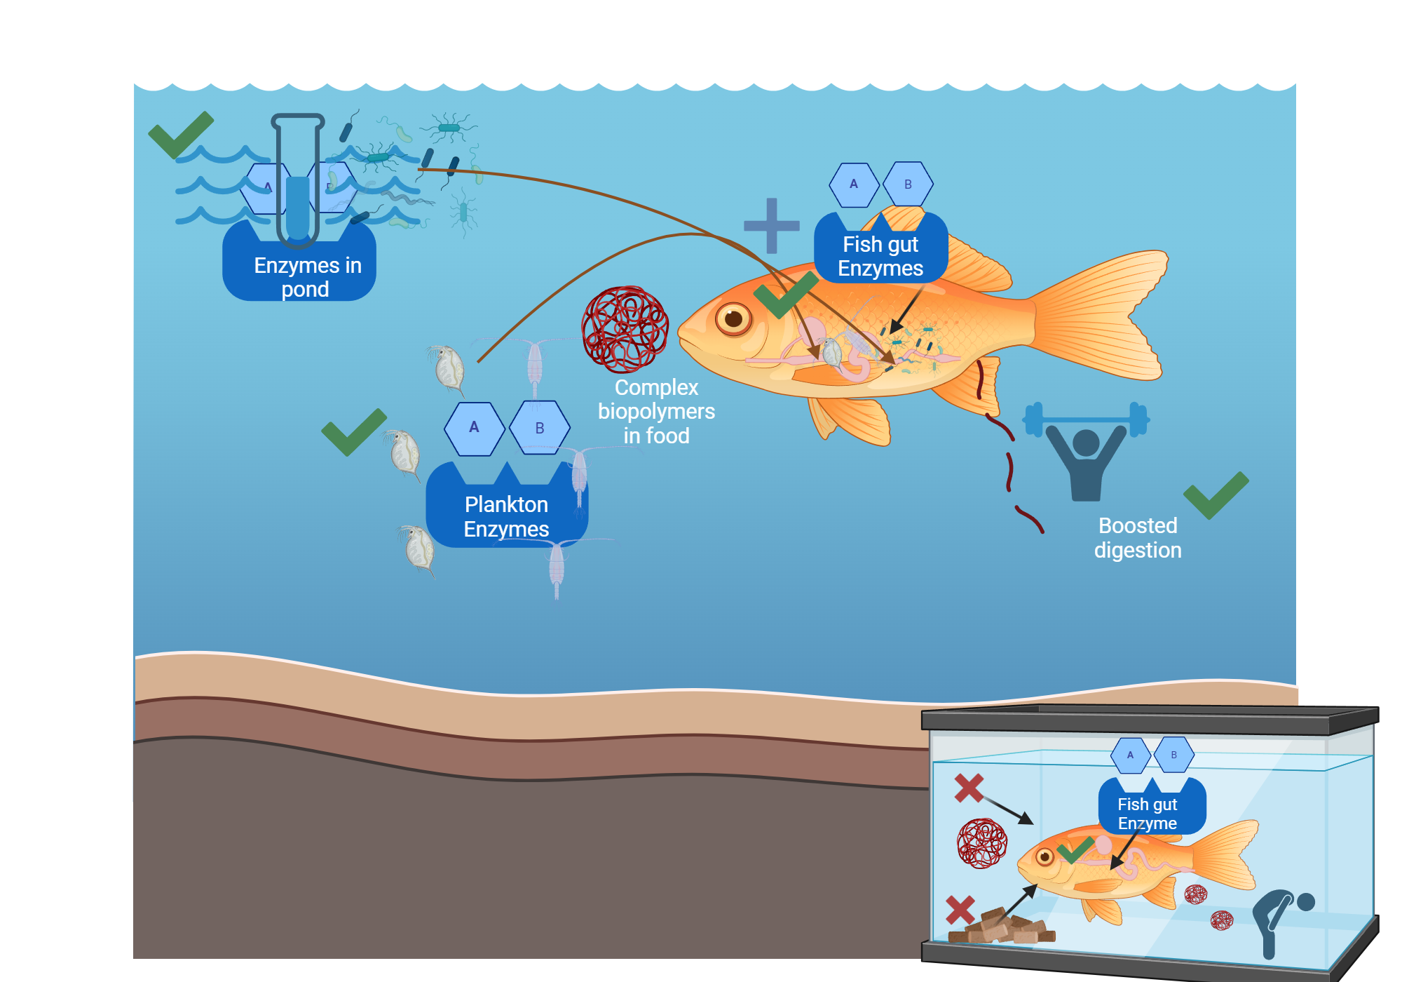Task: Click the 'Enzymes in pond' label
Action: (306, 277)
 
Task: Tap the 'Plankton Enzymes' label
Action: (506, 516)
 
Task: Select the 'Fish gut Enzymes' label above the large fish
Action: (880, 256)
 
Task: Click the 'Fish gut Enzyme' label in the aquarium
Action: (1148, 813)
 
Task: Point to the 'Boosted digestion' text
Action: (1137, 537)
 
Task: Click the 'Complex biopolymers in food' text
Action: (656, 411)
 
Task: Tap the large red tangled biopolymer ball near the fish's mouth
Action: (625, 328)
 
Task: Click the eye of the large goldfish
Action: (733, 318)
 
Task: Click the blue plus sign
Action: (771, 225)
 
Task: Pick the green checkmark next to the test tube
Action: (180, 134)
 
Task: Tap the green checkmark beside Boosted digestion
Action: (1216, 495)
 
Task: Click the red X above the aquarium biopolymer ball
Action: (969, 788)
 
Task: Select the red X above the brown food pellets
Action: (960, 910)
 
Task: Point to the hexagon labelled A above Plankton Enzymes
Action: (475, 428)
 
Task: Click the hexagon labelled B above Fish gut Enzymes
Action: (908, 184)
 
